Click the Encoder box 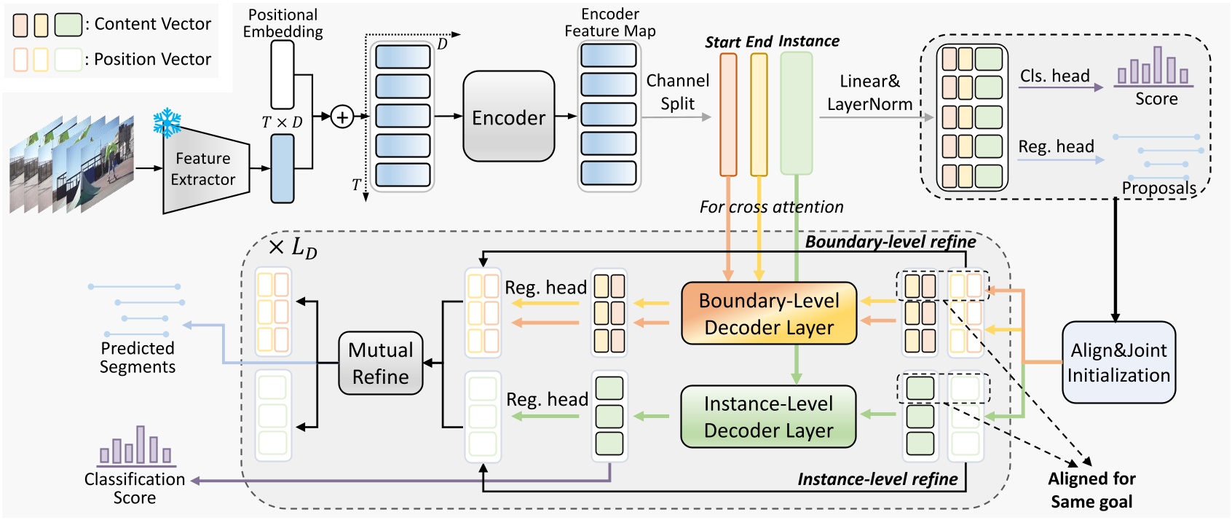508,117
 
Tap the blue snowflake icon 167,122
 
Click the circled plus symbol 341,117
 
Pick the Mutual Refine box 380,363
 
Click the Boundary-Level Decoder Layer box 768,313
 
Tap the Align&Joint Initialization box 1118,362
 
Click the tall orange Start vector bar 728,114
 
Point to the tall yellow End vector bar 759,114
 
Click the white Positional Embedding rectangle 283,74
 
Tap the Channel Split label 677,92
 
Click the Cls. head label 1054,76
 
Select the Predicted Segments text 138,357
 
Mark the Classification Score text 135,488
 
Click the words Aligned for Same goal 1091,489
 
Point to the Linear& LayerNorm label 869,92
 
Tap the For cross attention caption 771,207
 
